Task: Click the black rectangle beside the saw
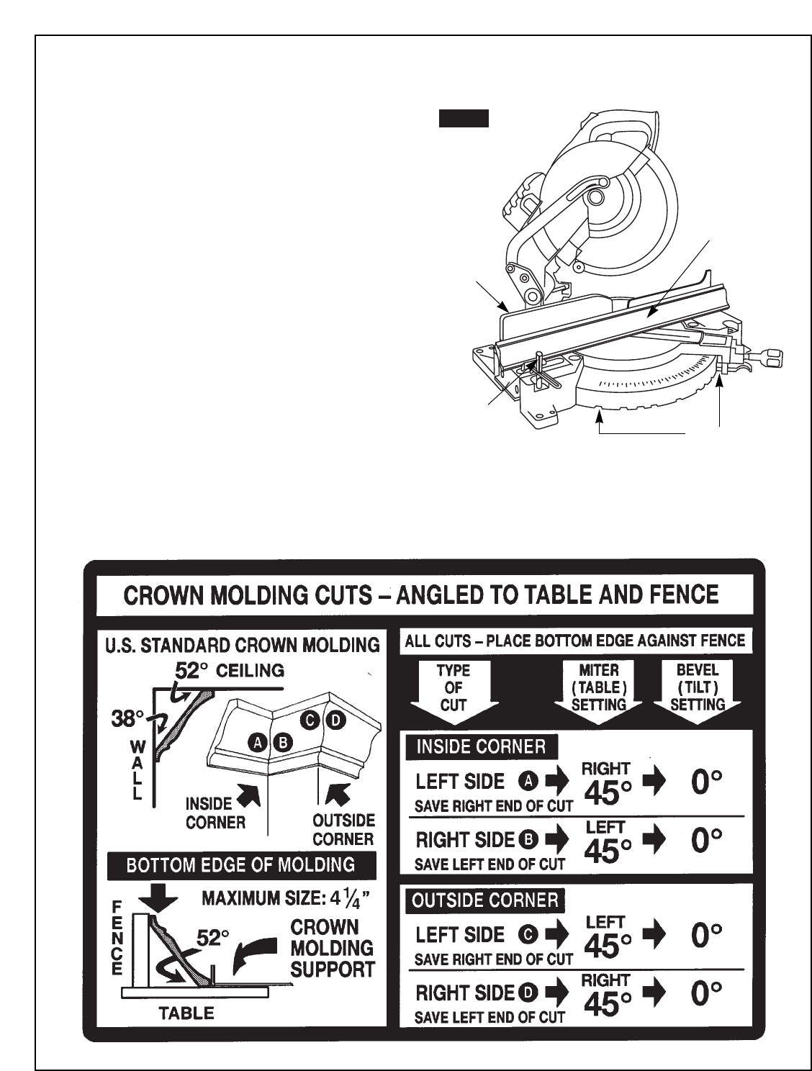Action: pyautogui.click(x=464, y=119)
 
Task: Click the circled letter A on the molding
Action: pyautogui.click(x=258, y=742)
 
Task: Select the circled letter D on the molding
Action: pyautogui.click(x=335, y=719)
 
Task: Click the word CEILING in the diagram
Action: pyautogui.click(x=250, y=671)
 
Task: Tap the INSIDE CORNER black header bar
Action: pyautogui.click(x=481, y=746)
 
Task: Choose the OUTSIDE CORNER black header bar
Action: pyautogui.click(x=485, y=900)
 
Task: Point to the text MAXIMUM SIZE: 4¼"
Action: pyautogui.click(x=287, y=899)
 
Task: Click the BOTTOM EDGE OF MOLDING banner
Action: pyautogui.click(x=241, y=865)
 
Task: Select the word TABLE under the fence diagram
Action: pyautogui.click(x=186, y=1013)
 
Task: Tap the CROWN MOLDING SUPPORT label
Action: pyautogui.click(x=332, y=948)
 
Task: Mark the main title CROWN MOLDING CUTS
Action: pyautogui.click(x=422, y=595)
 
